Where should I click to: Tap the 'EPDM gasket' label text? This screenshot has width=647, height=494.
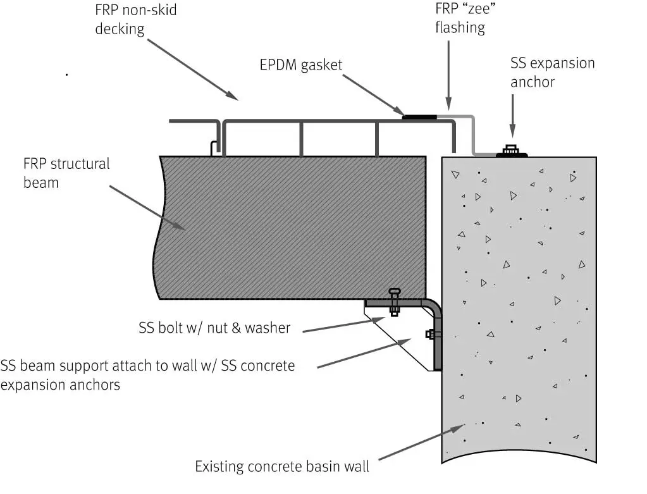tap(300, 65)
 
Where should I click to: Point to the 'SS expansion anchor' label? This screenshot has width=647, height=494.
tap(552, 72)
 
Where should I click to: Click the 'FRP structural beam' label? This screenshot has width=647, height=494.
tap(66, 173)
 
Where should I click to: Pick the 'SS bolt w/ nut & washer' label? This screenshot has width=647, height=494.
tap(214, 328)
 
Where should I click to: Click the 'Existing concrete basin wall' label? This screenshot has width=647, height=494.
tap(281, 467)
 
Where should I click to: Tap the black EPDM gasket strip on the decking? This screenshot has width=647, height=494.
tap(419, 116)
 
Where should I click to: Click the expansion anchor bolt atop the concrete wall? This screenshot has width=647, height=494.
tap(511, 151)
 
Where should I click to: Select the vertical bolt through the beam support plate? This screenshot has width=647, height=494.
tap(395, 302)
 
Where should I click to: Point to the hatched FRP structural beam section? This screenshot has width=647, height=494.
tap(291, 228)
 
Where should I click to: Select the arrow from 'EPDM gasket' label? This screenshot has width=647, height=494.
tap(373, 95)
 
